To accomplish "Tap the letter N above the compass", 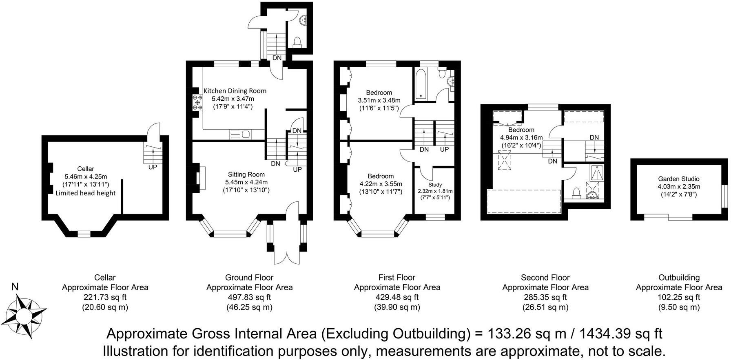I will tap(15, 287).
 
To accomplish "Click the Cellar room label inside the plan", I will tap(86, 169).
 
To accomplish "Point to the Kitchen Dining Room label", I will tap(235, 91).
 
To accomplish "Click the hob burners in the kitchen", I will tap(197, 102).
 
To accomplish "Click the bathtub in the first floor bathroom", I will tap(420, 84).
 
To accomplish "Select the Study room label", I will tap(435, 185).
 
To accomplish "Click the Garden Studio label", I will tap(679, 179).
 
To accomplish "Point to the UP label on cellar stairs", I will tap(153, 167).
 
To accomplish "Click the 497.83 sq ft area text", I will tap(249, 297).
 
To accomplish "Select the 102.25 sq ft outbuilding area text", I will tap(679, 297).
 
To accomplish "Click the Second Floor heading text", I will tap(545, 278).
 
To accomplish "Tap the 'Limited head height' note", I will tap(86, 193).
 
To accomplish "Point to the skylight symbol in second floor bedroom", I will tap(505, 160).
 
